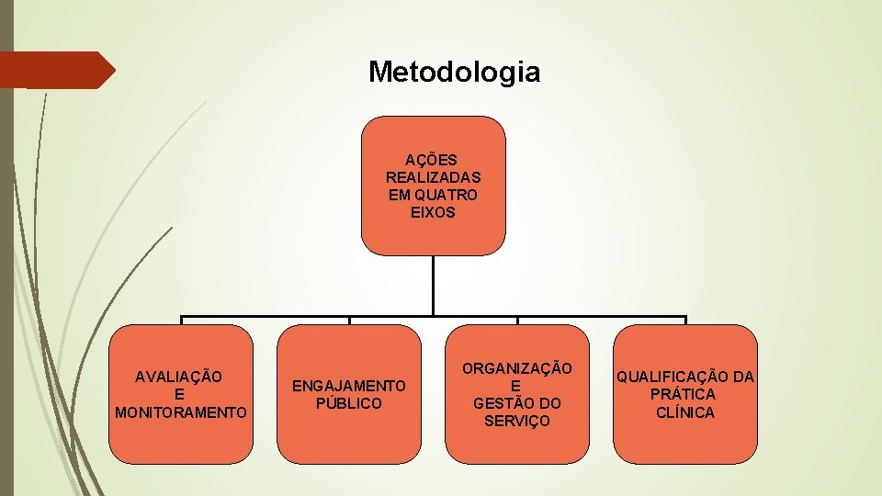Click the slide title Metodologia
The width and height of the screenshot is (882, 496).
454,72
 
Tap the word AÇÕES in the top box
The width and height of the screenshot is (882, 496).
432,160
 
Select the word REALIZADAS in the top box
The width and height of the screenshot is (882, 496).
433,177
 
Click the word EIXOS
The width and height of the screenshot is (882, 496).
433,212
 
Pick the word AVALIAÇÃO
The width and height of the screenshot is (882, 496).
179,377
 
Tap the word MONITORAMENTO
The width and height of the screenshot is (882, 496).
181,412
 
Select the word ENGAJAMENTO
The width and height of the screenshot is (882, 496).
348,386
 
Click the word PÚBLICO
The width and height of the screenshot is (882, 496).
348,403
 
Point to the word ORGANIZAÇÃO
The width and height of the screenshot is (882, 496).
516,368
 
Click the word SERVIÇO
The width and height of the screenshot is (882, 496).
516,421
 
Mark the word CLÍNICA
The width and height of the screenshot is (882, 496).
684,412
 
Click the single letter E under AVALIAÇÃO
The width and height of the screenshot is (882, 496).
180,394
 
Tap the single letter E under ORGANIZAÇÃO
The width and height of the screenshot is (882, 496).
516,386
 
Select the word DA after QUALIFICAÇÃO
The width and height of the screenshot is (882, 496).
743,377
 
